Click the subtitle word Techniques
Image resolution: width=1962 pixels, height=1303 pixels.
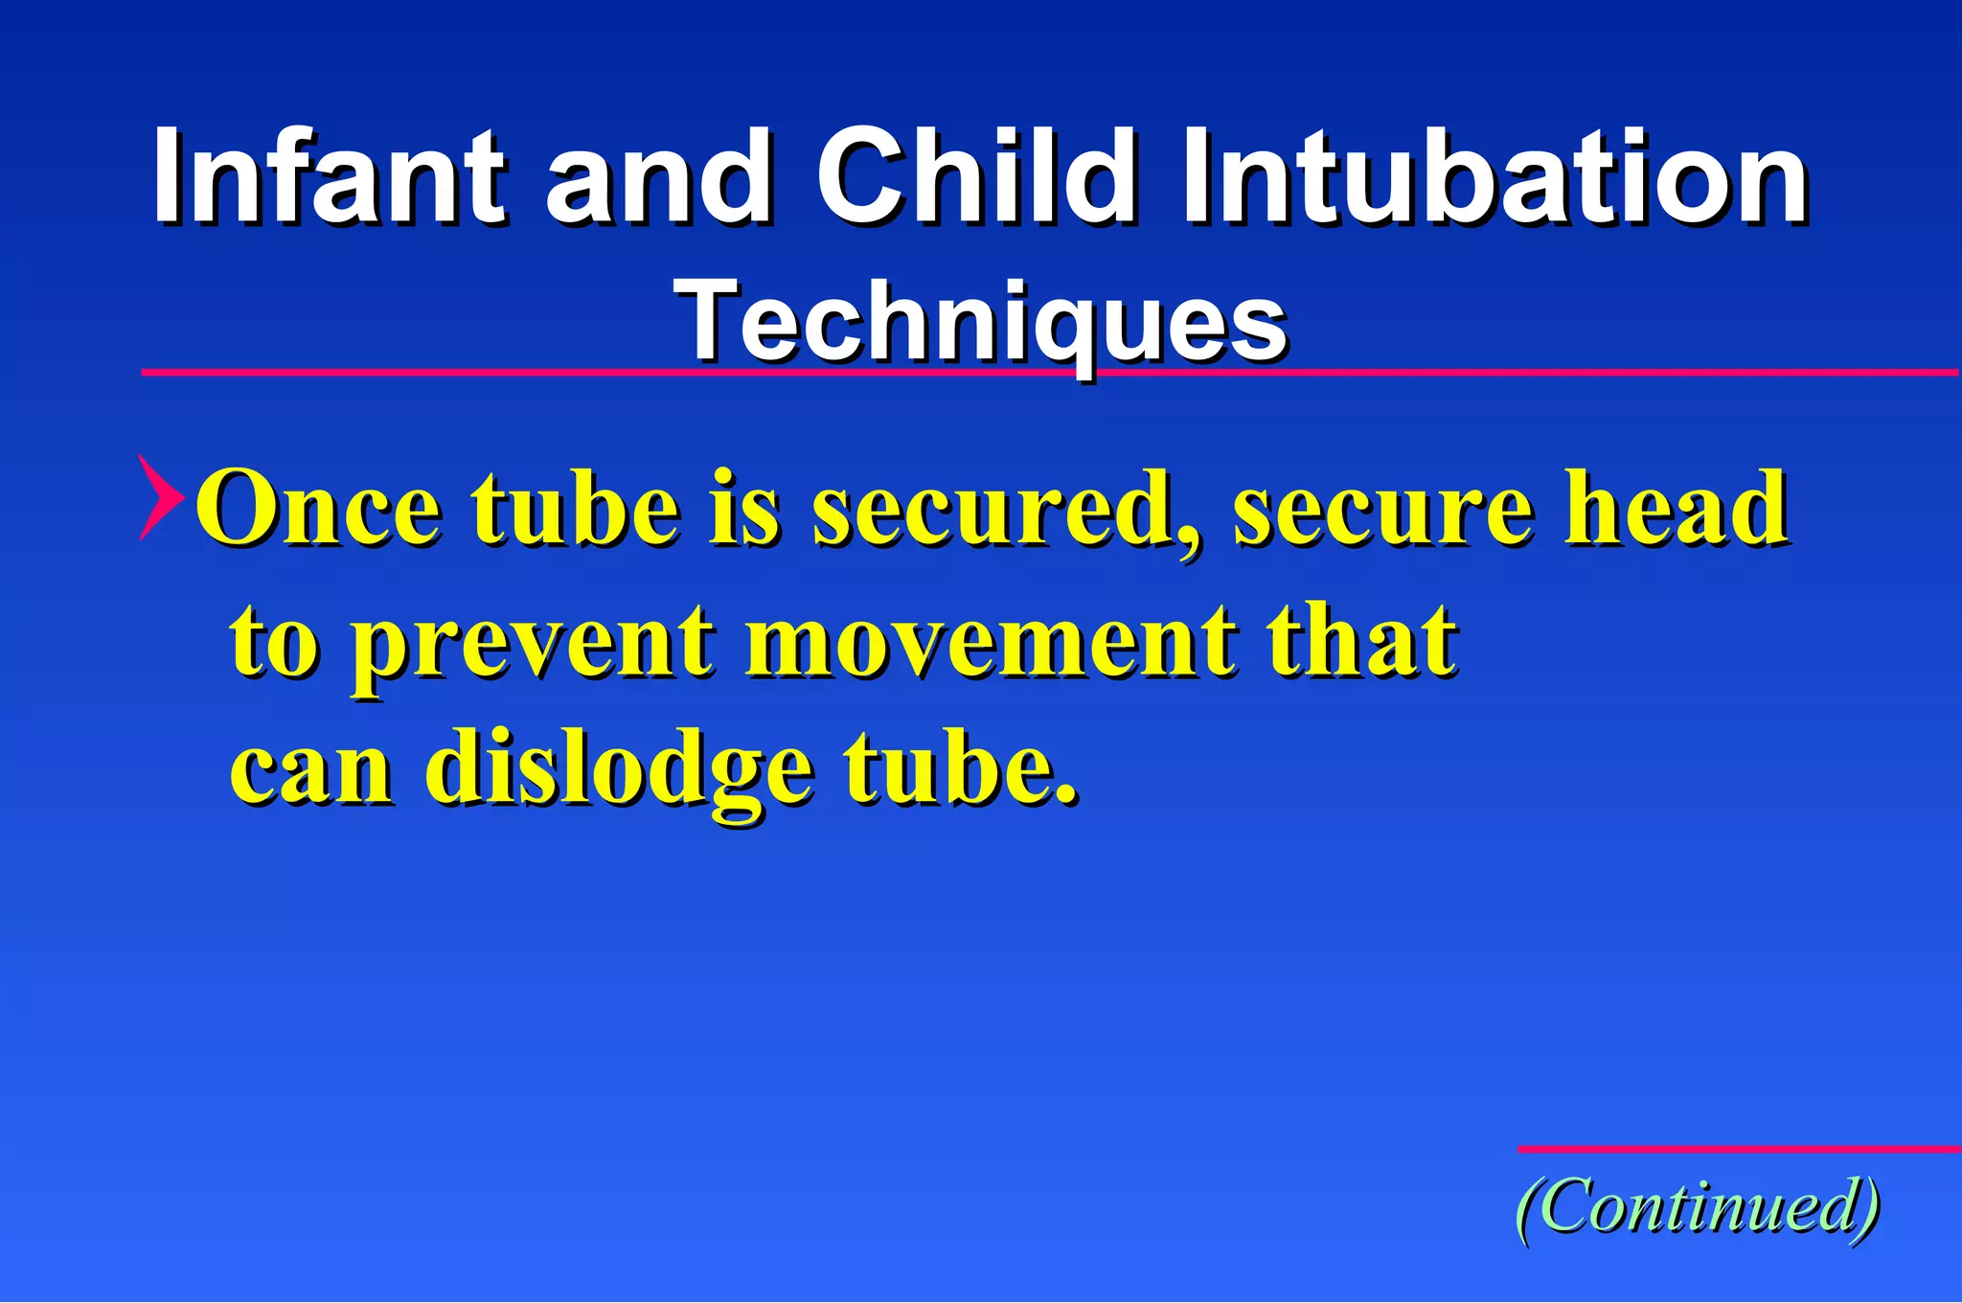981,321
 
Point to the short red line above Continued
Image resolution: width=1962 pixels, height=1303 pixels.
1738,1149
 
